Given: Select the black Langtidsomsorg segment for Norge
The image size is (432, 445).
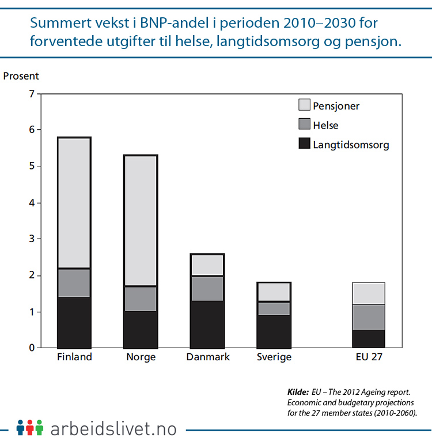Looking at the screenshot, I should tap(141, 329).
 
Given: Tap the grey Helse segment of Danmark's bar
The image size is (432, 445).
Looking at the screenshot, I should tap(207, 288).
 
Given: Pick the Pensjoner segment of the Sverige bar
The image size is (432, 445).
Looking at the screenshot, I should tap(274, 292).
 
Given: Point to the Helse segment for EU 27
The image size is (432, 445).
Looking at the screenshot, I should tap(368, 317).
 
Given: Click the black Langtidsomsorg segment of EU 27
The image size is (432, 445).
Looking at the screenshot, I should tap(368, 338).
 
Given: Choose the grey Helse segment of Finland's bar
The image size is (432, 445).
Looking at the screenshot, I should tap(74, 283).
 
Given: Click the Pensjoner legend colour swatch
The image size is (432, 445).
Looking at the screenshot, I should tap(304, 105).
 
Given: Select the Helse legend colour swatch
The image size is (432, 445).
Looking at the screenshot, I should tap(304, 125).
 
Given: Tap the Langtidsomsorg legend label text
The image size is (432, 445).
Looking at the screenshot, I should tap(351, 145).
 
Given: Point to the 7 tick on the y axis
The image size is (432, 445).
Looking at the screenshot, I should tap(32, 94).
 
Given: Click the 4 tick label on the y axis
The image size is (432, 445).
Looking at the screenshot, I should tap(32, 203).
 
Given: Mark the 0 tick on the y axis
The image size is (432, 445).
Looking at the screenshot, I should tap(32, 348).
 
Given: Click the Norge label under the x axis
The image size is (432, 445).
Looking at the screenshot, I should tap(141, 357).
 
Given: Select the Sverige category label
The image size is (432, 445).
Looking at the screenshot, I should tap(274, 357).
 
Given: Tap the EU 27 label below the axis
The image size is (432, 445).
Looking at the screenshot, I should tap(368, 357).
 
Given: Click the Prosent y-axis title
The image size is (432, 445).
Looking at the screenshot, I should tap(21, 76).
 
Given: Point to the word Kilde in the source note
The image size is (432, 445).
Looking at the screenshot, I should tap(298, 393).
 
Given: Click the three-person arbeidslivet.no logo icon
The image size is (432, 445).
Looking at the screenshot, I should tap(30, 428).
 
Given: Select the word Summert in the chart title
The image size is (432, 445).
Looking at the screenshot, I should tap(59, 24).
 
